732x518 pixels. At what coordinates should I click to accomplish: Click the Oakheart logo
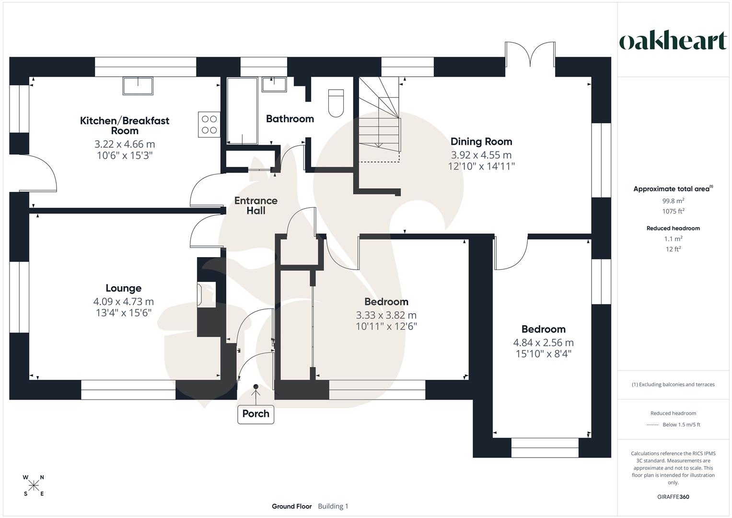[x=673, y=41]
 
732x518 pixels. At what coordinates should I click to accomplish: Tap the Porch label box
[x=256, y=414]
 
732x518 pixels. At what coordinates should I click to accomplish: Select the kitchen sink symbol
[x=138, y=85]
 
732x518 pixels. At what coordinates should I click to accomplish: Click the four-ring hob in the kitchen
[x=209, y=124]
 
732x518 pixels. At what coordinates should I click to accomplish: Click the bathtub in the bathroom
[x=243, y=111]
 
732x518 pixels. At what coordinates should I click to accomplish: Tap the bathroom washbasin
[x=274, y=85]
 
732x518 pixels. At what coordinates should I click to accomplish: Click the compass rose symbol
[x=34, y=485]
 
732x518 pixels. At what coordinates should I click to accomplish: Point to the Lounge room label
[x=124, y=288]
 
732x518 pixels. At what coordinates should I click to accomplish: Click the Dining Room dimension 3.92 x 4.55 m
[x=481, y=155]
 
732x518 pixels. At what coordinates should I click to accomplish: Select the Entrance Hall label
[x=256, y=205]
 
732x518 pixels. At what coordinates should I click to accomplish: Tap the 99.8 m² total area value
[x=673, y=201]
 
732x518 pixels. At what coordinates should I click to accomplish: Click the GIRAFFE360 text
[x=673, y=497]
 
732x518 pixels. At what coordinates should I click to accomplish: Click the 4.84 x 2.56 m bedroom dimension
[x=543, y=342]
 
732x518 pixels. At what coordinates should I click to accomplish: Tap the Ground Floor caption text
[x=291, y=506]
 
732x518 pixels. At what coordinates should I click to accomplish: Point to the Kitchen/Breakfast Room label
[x=125, y=125]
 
